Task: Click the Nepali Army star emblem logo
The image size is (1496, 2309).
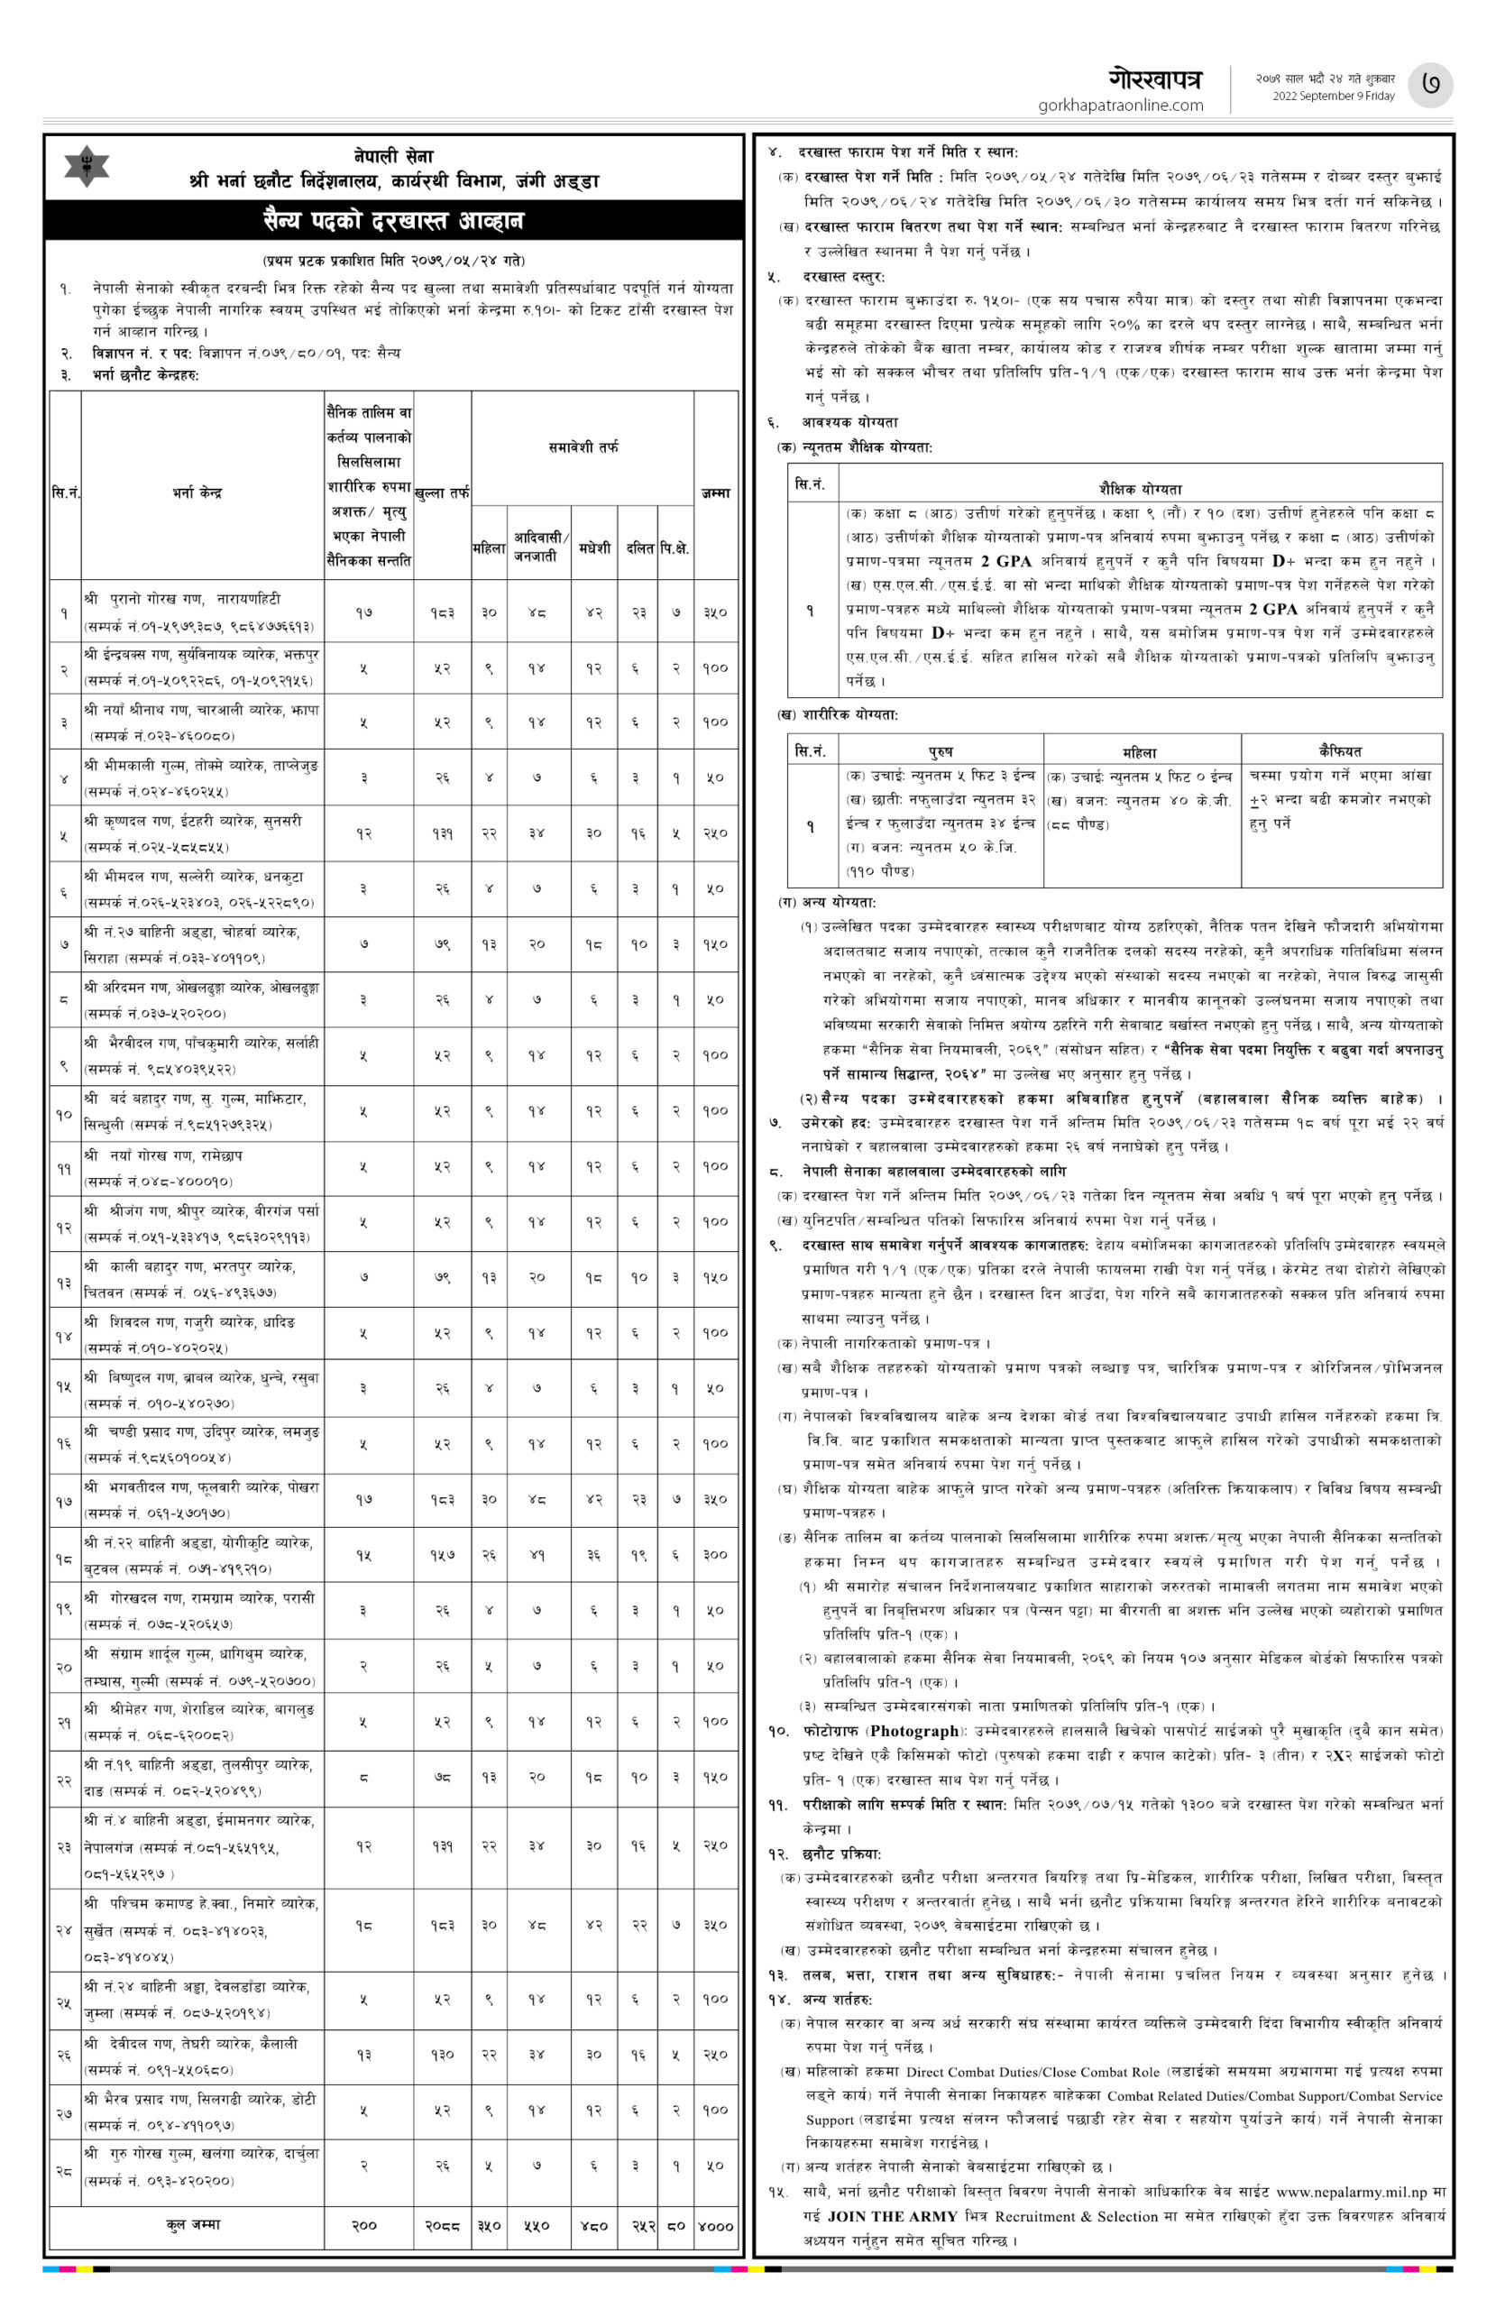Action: [x=87, y=167]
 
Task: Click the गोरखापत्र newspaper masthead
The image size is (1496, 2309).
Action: [x=1155, y=79]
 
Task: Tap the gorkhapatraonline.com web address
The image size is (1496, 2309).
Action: [x=1121, y=106]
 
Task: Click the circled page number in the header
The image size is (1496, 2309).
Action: [x=1435, y=86]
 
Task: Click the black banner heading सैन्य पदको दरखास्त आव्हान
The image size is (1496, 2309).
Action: [x=392, y=221]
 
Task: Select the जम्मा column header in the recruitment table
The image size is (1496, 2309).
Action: [x=715, y=492]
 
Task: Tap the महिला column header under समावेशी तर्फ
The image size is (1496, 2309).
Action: [x=489, y=548]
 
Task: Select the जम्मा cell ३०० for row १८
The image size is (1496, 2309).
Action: [x=715, y=1554]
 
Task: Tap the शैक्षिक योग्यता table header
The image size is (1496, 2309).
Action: [x=1139, y=489]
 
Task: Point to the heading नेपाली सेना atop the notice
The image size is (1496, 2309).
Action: [x=393, y=156]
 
